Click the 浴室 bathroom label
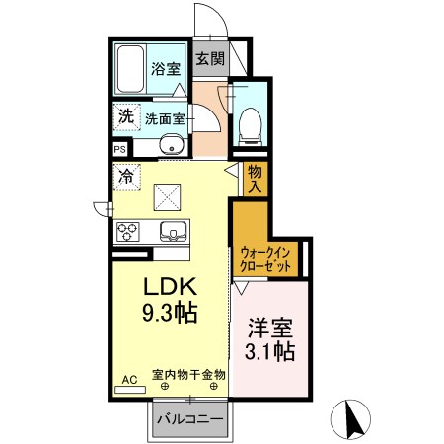[x=165, y=69]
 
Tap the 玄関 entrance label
[x=208, y=58]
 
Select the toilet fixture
[x=251, y=122]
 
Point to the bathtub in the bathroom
[x=130, y=69]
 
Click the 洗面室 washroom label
[x=165, y=117]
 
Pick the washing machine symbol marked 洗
[x=125, y=116]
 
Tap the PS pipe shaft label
[x=119, y=150]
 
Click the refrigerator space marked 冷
[x=127, y=178]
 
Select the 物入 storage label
[x=255, y=179]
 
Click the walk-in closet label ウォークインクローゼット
[x=264, y=259]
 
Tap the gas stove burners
[x=129, y=234]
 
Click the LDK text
[x=173, y=288]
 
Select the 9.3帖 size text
[x=172, y=315]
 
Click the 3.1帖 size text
[x=269, y=350]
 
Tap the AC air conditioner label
[x=128, y=379]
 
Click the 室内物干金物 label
[x=188, y=374]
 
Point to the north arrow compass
[x=352, y=419]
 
